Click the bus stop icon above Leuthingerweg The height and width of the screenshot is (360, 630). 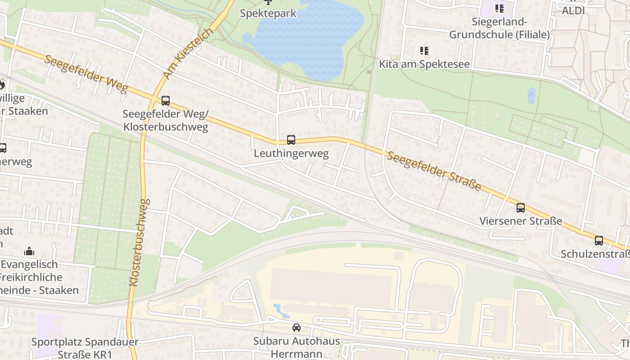tap(291, 140)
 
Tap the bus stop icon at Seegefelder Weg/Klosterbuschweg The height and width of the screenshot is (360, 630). tap(166, 101)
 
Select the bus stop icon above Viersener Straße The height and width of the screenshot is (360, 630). tap(521, 207)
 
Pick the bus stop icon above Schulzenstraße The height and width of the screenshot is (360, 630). tap(599, 241)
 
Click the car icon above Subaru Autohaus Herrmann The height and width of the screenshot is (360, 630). tap(296, 328)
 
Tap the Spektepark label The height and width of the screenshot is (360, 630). tap(268, 13)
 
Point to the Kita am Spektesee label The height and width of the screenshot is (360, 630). tap(424, 64)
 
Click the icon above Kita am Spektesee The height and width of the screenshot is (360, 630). tap(424, 51)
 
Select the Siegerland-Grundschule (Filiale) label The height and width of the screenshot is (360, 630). tap(499, 28)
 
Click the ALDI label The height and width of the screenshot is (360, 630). tap(573, 10)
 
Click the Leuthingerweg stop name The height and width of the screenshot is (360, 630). tap(291, 153)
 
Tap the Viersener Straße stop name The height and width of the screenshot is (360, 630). tap(521, 221)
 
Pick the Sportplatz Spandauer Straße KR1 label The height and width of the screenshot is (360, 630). tap(85, 348)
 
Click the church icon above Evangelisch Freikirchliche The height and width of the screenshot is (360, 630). tap(29, 251)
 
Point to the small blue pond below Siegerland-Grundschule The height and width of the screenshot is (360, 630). tap(531, 95)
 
